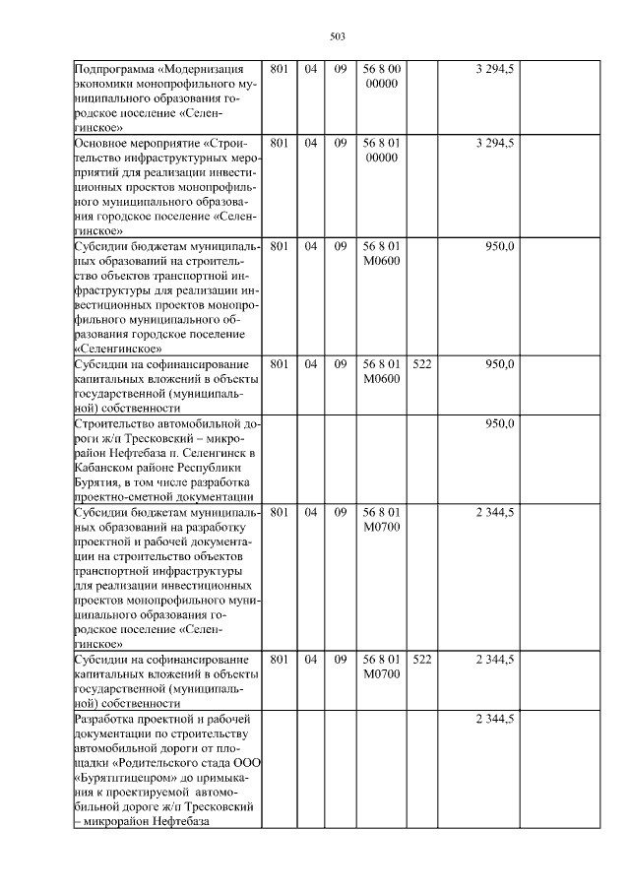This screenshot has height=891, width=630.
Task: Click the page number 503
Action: click(336, 36)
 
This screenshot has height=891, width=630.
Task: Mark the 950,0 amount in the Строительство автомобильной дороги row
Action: click(499, 423)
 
